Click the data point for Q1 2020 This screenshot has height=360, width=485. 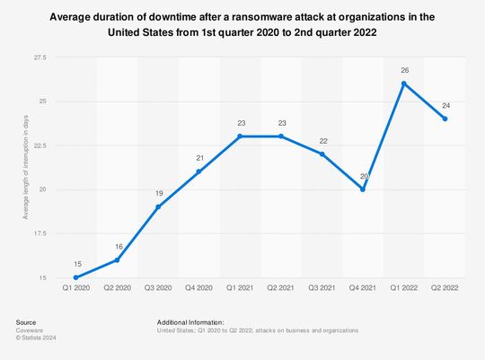point(75,277)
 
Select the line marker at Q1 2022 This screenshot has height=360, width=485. point(404,83)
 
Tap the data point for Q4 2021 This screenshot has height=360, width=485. point(363,189)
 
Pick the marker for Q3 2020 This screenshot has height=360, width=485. point(158,207)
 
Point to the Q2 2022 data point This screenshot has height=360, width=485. point(445,119)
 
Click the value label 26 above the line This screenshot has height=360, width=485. point(404,69)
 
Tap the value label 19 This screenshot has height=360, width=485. point(158,193)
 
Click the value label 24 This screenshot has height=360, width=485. point(445,104)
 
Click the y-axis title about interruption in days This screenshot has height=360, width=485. point(27,167)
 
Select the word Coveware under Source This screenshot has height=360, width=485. point(30,330)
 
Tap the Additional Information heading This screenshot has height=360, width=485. point(190,322)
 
